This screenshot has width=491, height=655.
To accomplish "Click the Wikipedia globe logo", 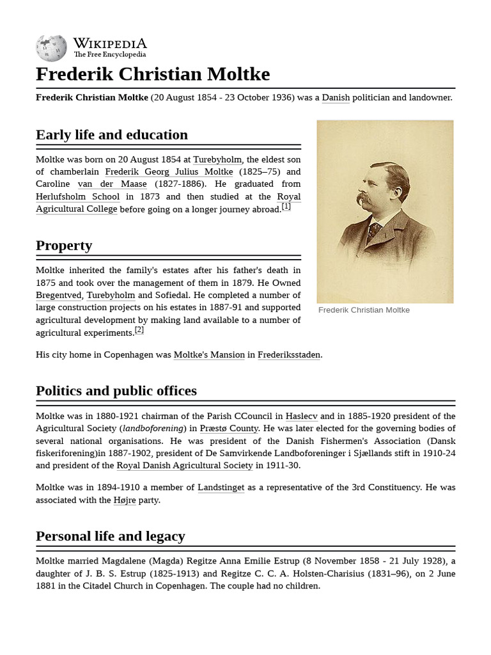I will [51, 48].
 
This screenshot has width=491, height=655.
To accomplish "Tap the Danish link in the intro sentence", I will [336, 98].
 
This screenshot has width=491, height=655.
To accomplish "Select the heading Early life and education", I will [112, 135].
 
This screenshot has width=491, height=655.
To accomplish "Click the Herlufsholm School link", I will [77, 197].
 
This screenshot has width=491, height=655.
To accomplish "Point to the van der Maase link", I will [112, 184].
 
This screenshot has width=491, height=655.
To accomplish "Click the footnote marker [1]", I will [286, 206].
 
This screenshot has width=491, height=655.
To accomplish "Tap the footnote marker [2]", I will [139, 330].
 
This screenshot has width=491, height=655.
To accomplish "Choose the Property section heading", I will [64, 246].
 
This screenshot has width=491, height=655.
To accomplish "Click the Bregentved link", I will [59, 296].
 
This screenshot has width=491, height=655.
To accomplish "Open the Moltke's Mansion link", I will [209, 355].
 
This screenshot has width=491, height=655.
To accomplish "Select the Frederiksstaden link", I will [289, 355].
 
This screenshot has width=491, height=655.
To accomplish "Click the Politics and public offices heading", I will [116, 391].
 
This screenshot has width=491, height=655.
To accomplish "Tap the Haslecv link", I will [301, 416].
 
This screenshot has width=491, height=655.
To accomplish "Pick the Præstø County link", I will [229, 429].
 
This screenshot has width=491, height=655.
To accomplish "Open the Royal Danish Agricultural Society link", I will [185, 466].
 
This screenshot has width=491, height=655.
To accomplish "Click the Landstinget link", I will [221, 487].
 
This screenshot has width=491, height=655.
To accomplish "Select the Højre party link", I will [125, 500].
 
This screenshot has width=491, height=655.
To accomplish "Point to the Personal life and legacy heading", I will [111, 536].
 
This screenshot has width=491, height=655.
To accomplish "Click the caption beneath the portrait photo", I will [364, 310].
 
